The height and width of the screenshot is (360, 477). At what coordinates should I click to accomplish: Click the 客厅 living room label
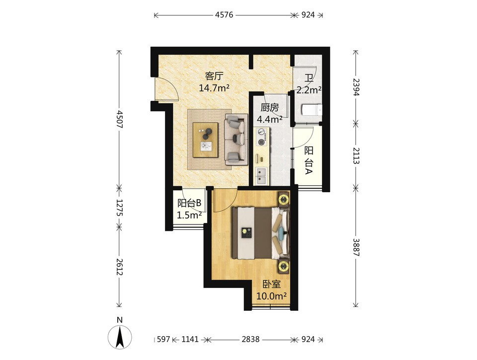(x=214, y=75)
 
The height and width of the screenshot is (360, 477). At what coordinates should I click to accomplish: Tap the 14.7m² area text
(x=214, y=88)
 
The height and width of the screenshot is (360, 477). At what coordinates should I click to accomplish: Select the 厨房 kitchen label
(x=269, y=107)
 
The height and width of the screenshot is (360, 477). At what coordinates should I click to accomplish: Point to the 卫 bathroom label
(x=309, y=78)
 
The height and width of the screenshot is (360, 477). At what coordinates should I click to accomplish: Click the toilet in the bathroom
(x=312, y=110)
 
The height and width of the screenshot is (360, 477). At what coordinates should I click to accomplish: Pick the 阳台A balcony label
(x=309, y=160)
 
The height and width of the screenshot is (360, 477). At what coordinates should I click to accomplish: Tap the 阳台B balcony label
(x=189, y=203)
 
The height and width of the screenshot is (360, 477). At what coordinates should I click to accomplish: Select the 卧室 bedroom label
(x=272, y=285)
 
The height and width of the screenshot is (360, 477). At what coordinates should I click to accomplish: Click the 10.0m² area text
(x=272, y=296)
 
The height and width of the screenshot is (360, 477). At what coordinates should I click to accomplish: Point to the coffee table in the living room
(x=205, y=140)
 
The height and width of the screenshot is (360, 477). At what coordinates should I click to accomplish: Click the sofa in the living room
(x=237, y=139)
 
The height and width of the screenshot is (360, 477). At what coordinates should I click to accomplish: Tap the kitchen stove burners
(x=261, y=137)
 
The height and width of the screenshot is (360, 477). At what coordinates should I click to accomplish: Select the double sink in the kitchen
(x=261, y=177)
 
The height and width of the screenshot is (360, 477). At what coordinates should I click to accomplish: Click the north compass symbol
(x=120, y=337)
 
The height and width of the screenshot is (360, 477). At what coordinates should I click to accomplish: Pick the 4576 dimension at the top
(x=224, y=14)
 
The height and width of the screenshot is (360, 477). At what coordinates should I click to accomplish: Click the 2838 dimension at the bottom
(x=250, y=339)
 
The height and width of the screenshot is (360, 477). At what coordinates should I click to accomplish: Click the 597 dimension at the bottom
(x=163, y=339)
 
